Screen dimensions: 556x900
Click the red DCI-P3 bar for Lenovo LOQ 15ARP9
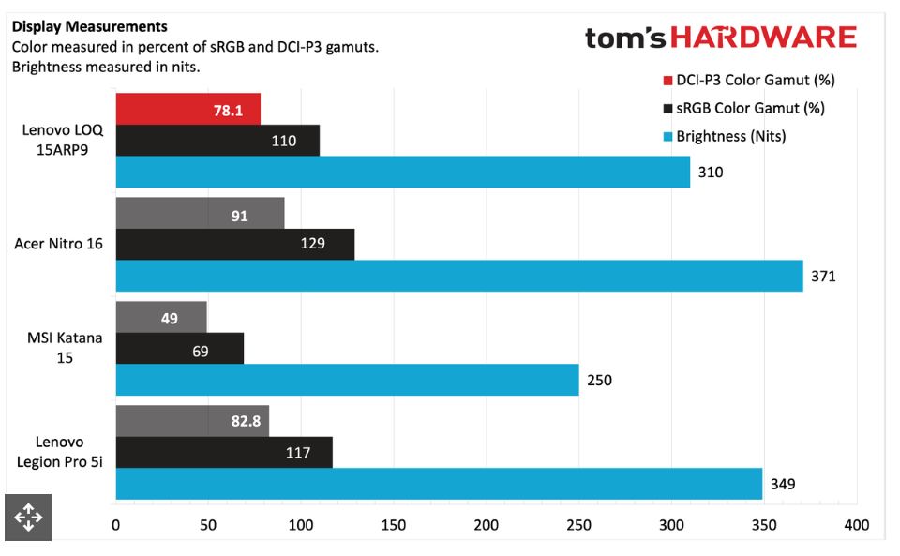click(x=187, y=110)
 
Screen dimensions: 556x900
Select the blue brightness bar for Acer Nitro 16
click(x=459, y=276)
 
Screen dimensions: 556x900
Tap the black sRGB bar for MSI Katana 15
click(x=179, y=349)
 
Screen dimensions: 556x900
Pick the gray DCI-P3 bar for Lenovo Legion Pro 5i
click(x=191, y=421)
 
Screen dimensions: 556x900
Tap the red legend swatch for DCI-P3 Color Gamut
click(x=667, y=80)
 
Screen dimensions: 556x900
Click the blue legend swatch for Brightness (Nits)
click(x=667, y=136)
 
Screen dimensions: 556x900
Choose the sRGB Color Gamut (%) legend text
click(x=750, y=108)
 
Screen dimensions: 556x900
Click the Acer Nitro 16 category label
click(x=58, y=245)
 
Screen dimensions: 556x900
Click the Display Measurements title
click(x=90, y=26)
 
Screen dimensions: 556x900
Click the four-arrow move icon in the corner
click(x=27, y=517)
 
